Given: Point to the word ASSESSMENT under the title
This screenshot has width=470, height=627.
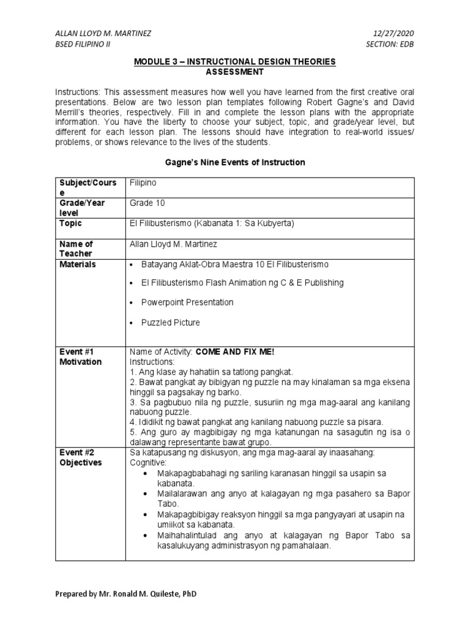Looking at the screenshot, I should click(x=234, y=72).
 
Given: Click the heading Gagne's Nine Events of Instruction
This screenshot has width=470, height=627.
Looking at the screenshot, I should click(x=234, y=162).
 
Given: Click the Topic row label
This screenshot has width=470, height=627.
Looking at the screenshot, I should click(x=70, y=223).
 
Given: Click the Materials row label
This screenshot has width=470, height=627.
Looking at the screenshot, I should click(x=78, y=264).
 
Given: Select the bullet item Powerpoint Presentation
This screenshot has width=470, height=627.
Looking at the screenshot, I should click(x=187, y=302).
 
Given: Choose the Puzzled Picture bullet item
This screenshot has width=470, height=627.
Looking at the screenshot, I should click(x=170, y=322).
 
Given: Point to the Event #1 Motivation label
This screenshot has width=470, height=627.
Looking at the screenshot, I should click(x=80, y=357).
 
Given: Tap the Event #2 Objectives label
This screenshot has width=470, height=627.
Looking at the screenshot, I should click(x=80, y=457).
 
